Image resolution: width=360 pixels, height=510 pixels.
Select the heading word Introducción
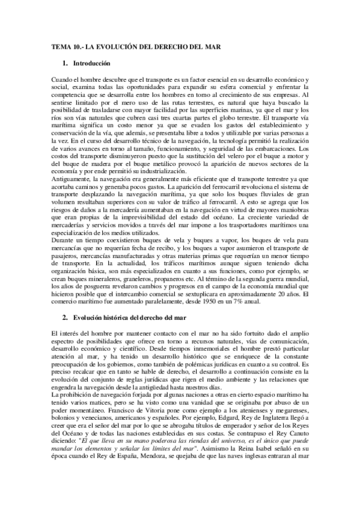[x=91, y=63]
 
